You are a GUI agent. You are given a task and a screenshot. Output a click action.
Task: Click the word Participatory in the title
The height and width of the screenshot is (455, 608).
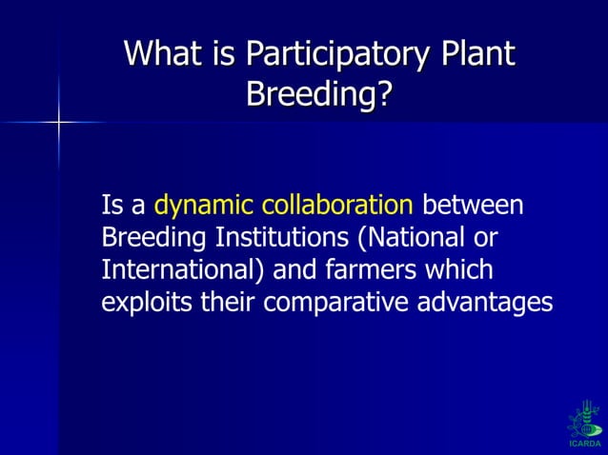point(334,54)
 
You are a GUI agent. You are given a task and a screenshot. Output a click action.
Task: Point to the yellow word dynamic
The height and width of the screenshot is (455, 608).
point(204,206)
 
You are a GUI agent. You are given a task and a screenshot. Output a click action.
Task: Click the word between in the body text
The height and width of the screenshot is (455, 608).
point(472,206)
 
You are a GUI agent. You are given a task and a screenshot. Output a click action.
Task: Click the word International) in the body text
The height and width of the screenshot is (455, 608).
point(184,269)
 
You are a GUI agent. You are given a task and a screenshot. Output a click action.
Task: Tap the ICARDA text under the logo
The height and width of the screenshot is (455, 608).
point(583,444)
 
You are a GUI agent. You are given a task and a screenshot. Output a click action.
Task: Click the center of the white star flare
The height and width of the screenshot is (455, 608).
point(59,122)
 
